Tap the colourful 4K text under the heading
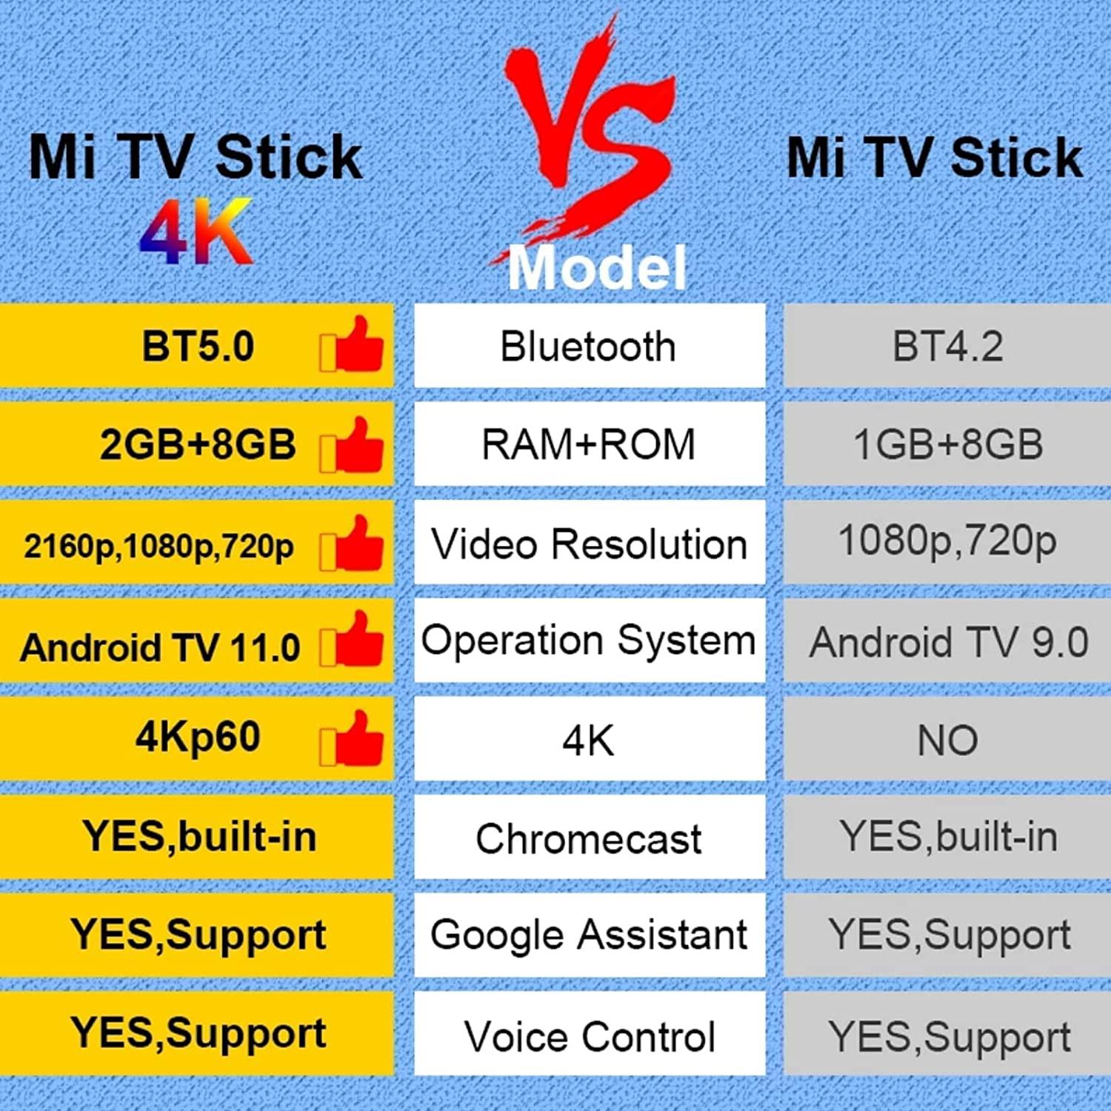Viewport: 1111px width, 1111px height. [197, 233]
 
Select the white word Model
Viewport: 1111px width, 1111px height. [597, 268]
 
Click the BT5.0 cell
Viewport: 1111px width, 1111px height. [197, 346]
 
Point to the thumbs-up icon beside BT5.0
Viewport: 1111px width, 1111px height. [353, 344]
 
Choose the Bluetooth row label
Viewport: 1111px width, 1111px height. [589, 346]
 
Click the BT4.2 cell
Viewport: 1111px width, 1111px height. [947, 346]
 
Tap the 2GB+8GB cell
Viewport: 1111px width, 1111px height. [197, 444]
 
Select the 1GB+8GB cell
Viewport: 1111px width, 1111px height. [947, 444]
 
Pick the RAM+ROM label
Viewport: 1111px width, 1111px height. [589, 444]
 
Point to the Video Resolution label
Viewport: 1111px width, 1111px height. [589, 544]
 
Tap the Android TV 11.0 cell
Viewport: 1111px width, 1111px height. [160, 647]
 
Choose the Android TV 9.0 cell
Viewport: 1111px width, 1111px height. [947, 642]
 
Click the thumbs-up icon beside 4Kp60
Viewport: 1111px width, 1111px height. [353, 738]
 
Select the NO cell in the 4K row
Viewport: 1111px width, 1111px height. [947, 740]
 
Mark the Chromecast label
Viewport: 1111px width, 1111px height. [589, 838]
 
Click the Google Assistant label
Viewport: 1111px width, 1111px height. [589, 935]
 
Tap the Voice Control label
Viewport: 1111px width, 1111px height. [589, 1035]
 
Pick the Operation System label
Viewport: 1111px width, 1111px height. [589, 641]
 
